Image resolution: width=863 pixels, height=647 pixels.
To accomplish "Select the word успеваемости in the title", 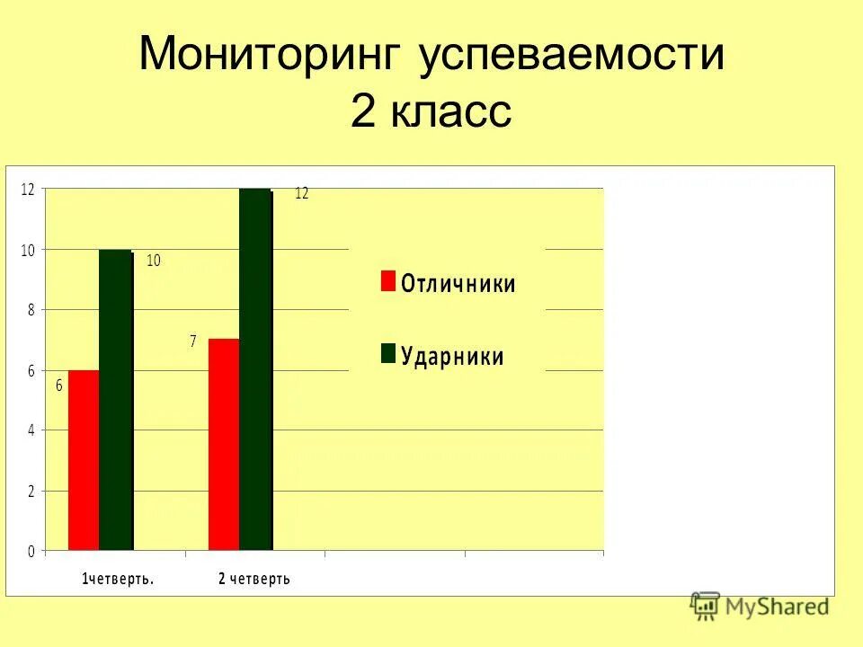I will (571, 56).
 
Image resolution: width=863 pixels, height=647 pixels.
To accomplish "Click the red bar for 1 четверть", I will (84, 459).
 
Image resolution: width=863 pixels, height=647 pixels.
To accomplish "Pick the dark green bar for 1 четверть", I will (116, 400).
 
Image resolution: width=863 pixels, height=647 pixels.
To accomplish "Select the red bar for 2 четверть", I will (224, 444).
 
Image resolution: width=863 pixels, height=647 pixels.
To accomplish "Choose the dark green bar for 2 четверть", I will (256, 369).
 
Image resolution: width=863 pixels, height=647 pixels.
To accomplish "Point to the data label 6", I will (59, 386).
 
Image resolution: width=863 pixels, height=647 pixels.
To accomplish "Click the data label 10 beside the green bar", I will (154, 261).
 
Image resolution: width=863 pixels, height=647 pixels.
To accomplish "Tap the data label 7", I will (192, 342).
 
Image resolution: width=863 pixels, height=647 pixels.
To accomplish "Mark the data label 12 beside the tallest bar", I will (301, 193).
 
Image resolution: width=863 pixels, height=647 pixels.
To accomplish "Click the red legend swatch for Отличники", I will (387, 281).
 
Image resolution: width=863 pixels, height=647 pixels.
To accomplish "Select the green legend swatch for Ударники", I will (387, 353).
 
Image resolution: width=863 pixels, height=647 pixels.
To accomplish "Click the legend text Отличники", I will (458, 284).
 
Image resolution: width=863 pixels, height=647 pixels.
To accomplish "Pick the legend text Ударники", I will (452, 356).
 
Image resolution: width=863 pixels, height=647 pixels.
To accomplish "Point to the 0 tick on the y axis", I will (31, 552).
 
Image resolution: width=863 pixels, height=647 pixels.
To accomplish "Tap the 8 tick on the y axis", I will (31, 310).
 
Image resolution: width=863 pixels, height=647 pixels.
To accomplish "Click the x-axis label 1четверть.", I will (118, 579).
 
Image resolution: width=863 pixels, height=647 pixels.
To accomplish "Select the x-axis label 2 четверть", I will (254, 579).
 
